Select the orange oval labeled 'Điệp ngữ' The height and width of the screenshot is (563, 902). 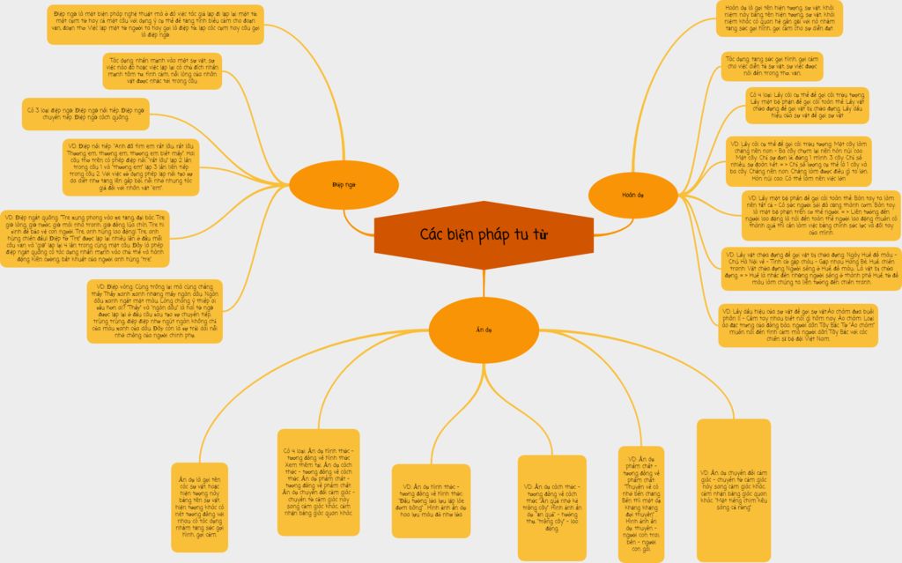pos(344,185)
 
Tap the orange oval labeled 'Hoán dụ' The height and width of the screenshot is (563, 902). pos(627,194)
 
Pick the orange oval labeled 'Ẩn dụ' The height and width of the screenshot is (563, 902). pos(484,330)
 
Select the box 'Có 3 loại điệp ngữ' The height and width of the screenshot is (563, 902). pos(85,114)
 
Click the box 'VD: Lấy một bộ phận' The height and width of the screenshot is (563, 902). pos(819,214)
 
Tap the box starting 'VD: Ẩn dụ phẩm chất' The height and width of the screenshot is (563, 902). pos(640,503)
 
